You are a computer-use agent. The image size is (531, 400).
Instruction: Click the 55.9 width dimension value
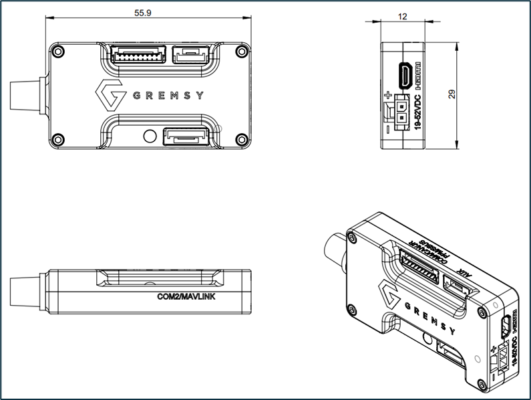pyautogui.click(x=142, y=13)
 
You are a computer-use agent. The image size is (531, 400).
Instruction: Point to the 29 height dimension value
pyautogui.click(x=452, y=95)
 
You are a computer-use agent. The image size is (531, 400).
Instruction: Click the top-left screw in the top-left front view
pyautogui.click(x=59, y=52)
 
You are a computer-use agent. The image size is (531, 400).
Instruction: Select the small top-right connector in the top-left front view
pyautogui.click(x=190, y=54)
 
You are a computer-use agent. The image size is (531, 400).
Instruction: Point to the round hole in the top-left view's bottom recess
pyautogui.click(x=150, y=136)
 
